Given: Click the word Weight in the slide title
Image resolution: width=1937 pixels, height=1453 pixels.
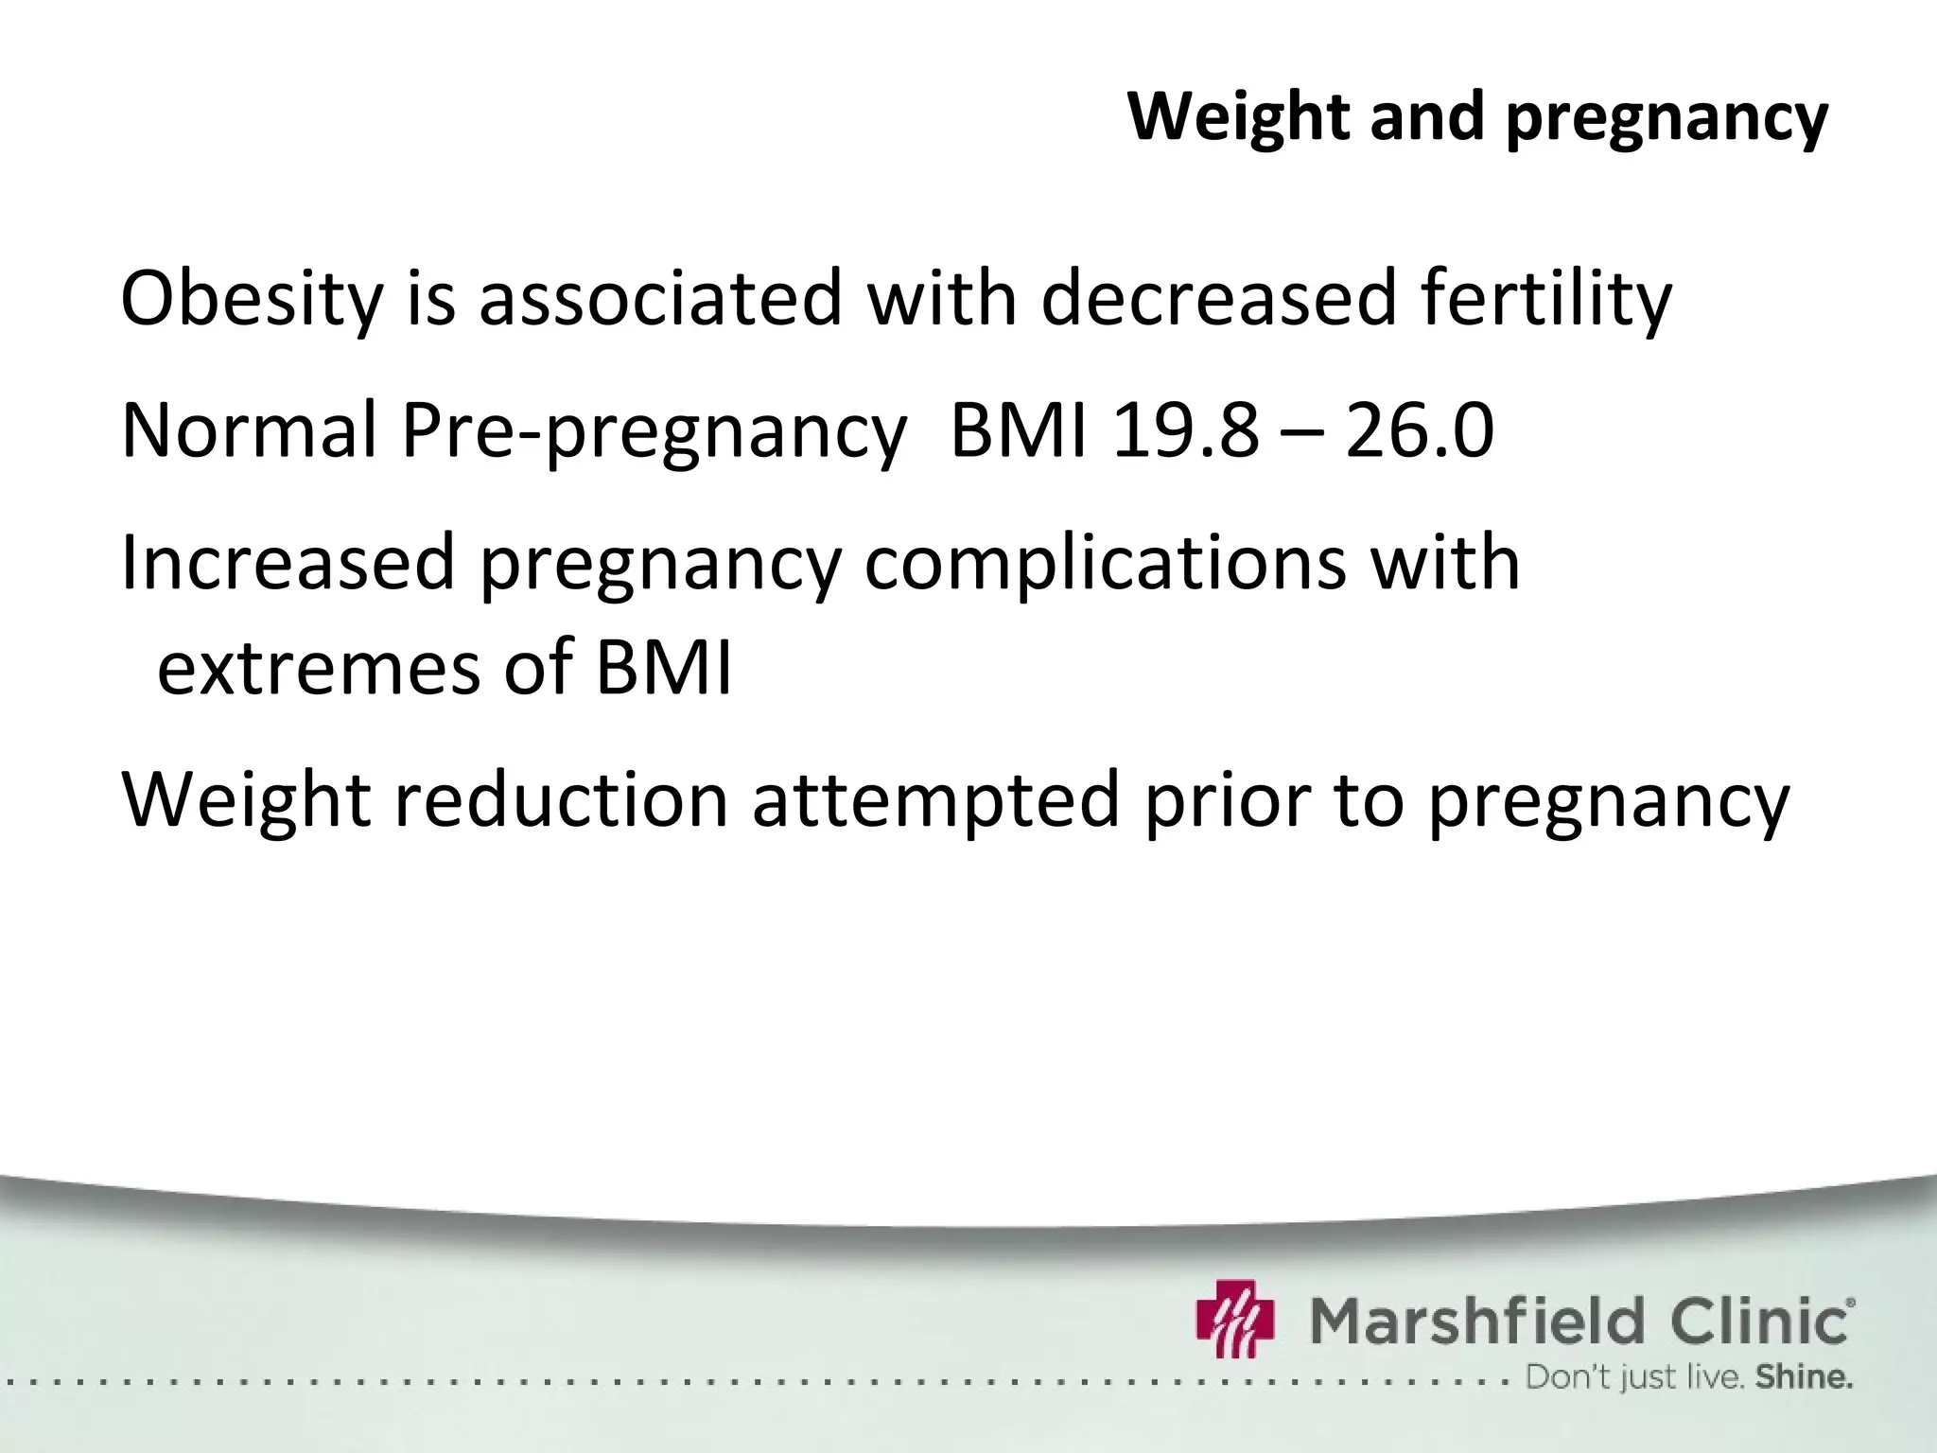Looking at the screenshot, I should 1239,117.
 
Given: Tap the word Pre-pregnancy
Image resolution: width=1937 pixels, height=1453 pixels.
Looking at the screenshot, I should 654,431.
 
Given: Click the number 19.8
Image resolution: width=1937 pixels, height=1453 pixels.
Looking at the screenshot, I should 1186,429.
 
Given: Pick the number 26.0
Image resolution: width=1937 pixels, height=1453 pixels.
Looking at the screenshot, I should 1419,429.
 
